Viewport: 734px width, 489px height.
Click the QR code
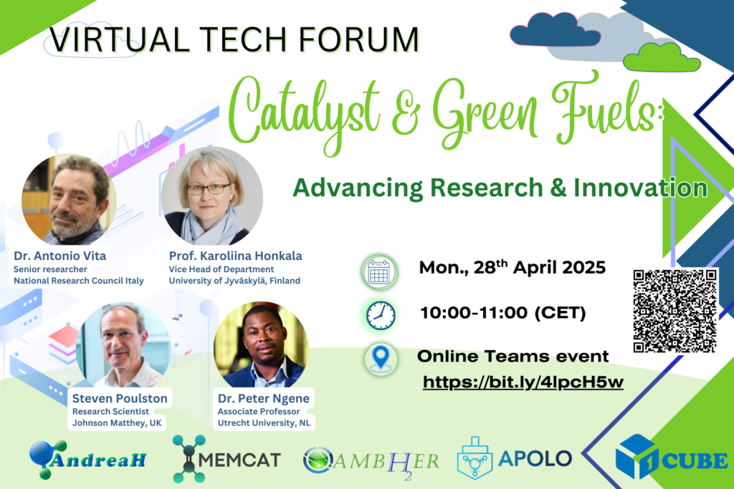tap(675, 311)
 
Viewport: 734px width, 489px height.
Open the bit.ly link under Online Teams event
tap(523, 382)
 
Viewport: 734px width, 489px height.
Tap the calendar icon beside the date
tap(379, 272)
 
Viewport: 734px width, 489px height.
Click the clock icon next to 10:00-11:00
tap(381, 316)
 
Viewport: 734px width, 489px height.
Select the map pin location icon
tap(381, 359)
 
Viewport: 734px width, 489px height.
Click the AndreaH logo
tap(87, 460)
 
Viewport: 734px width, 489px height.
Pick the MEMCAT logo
tap(227, 459)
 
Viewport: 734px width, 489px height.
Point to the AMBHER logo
tap(371, 461)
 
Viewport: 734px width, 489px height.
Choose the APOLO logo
tap(514, 458)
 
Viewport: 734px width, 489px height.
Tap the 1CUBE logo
tap(671, 457)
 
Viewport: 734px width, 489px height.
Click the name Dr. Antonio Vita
tap(60, 256)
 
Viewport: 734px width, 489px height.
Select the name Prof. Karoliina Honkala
tap(235, 256)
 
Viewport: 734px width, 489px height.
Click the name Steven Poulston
tap(120, 398)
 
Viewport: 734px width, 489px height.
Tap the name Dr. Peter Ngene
tap(264, 398)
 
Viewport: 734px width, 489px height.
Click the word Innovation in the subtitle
tap(640, 188)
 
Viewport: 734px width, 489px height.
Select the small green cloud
tap(662, 57)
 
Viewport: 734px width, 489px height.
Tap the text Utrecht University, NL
tap(264, 423)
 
